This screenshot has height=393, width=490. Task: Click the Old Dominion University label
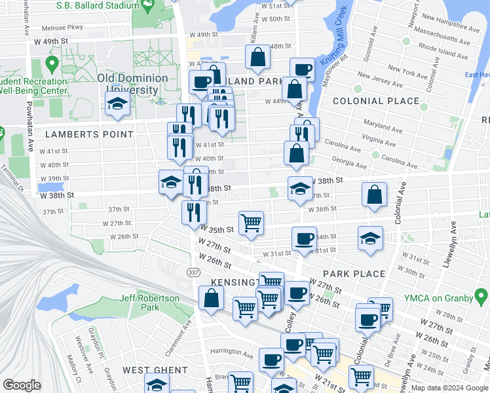[x=132, y=84]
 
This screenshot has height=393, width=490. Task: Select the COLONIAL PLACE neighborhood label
[x=375, y=101]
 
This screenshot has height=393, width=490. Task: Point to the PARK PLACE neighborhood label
[x=354, y=273]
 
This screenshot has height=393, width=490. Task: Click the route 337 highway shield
[x=194, y=272]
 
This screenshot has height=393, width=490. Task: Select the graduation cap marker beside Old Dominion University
[x=118, y=104]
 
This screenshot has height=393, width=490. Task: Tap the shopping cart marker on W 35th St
[x=251, y=223]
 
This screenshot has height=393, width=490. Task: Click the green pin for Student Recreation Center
[x=52, y=65]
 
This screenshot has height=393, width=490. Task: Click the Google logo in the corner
[x=22, y=385]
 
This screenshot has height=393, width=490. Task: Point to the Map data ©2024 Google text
[x=449, y=388]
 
